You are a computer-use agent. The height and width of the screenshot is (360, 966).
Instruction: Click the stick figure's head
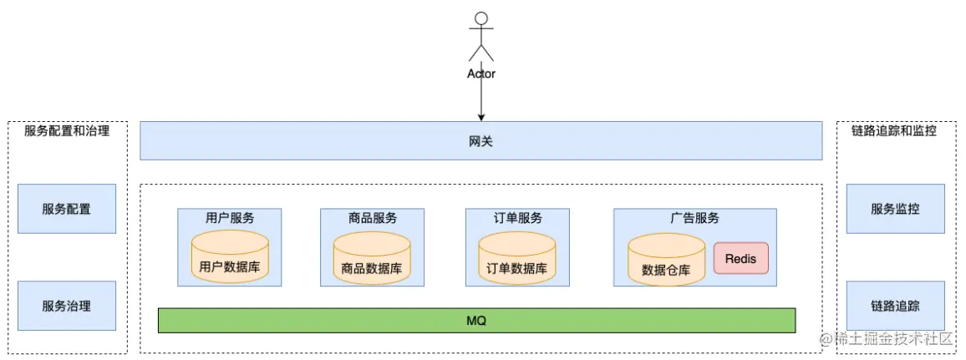480,19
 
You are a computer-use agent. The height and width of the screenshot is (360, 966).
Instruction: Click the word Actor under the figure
480,74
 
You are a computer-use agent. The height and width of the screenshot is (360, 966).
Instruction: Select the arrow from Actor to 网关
480,100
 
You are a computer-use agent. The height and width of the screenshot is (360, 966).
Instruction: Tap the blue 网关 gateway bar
480,140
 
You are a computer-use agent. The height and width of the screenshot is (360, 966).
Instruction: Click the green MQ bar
476,321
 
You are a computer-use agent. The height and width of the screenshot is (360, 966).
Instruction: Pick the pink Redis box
740,259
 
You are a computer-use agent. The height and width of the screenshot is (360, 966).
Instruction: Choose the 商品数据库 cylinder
372,258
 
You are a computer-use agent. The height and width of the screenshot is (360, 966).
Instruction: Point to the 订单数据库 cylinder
516,258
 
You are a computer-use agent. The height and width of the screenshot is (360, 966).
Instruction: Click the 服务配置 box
67,209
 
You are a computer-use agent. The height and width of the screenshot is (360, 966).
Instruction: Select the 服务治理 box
67,306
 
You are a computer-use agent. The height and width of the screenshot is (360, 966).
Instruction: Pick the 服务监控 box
895,209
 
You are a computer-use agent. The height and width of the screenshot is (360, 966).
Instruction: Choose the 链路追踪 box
895,306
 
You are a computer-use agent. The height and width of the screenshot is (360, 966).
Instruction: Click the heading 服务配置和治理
67,131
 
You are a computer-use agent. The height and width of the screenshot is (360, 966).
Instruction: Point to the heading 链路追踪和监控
894,131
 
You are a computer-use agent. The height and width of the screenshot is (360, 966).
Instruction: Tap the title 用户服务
230,218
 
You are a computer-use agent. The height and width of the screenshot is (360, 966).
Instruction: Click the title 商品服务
373,218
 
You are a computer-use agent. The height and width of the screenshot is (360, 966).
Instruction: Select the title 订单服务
517,218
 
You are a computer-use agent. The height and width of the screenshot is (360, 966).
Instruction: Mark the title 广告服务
694,218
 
